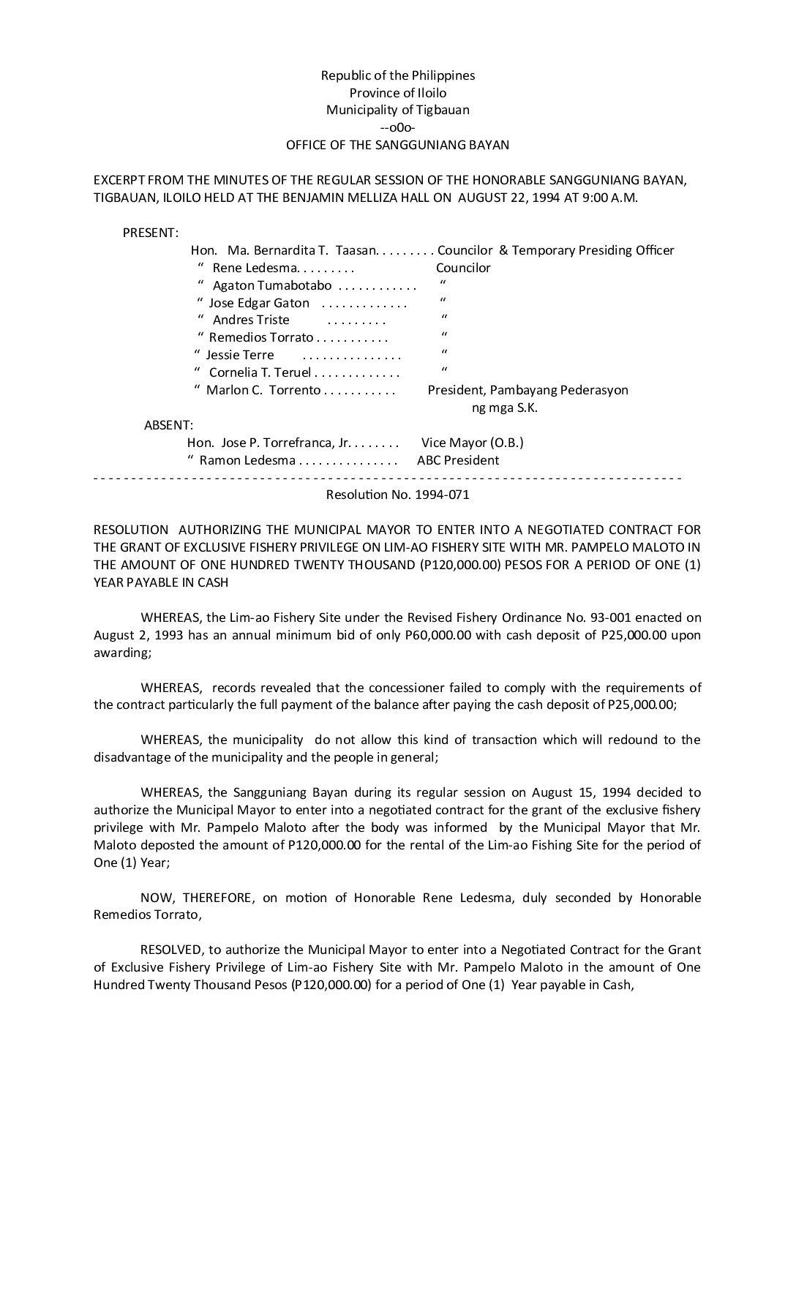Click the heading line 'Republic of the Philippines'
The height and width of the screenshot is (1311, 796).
[x=398, y=75]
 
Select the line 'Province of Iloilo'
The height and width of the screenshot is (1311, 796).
[x=398, y=93]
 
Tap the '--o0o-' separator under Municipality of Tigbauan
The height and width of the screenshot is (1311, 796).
[x=398, y=127]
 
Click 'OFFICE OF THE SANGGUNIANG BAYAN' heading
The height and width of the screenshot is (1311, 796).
[x=397, y=145]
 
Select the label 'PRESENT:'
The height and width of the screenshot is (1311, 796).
[x=150, y=233]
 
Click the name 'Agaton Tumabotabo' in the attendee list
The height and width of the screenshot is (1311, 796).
[x=272, y=285]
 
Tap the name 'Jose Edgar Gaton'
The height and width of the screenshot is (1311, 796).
[x=259, y=303]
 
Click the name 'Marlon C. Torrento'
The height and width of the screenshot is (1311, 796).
[x=263, y=390]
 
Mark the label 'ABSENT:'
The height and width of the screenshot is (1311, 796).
[x=168, y=425]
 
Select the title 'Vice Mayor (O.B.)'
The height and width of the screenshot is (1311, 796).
[x=473, y=443]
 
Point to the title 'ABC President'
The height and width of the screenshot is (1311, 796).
[x=458, y=460]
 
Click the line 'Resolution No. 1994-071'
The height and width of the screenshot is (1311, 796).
[x=397, y=495]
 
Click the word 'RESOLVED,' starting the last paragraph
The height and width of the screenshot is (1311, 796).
[x=172, y=950]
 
